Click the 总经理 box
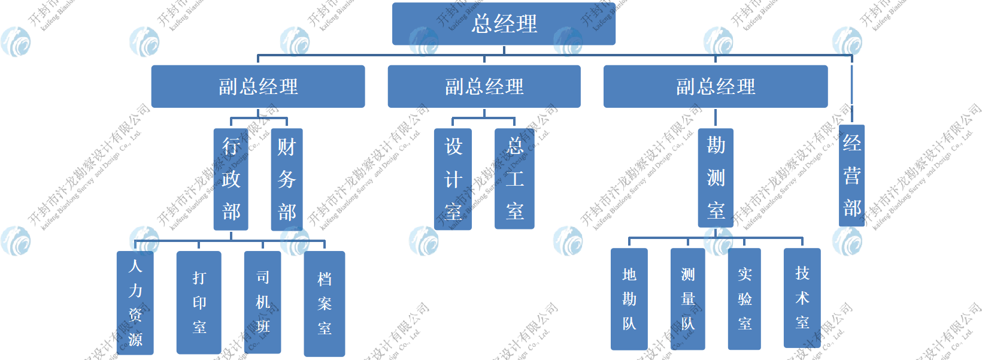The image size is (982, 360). coord(504,24)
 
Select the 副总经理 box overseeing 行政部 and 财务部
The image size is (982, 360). coord(258,87)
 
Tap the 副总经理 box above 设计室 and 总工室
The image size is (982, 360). coord(484,87)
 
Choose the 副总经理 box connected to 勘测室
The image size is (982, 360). coord(716,87)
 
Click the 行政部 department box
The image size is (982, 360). coord(231,179)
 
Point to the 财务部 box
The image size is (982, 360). coord(287,179)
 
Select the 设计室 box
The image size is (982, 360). coord(453,179)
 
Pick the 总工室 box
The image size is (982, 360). coord(514,179)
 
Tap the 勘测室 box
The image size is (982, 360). coord(716,178)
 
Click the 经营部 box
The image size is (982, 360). coord(851,176)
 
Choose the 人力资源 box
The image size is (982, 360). coord(135,302)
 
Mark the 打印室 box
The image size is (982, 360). coord(199,302)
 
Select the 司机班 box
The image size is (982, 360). coord(263,302)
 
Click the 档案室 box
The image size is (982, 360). coord(325,304)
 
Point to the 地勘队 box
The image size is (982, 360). coord(629,299)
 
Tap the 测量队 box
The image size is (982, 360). coord(687,299)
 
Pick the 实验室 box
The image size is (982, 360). coord(744,299)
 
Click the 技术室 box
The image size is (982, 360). coord(802,298)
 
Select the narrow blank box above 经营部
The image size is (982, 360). coord(851,84)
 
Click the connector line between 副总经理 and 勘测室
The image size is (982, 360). coord(716,118)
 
